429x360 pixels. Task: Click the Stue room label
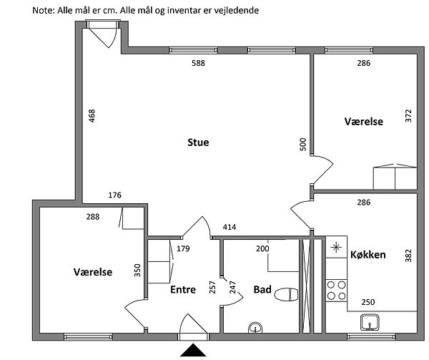pos(198,142)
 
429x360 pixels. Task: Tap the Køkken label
pos(368,255)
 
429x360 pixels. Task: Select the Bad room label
pos(262,290)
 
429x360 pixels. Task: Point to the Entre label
pos(184,290)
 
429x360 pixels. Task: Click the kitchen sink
pos(370,323)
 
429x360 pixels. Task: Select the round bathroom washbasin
pos(256,328)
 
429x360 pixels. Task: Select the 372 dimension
pos(409,116)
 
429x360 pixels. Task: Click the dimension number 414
pos(229,228)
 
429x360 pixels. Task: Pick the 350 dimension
pos(138,271)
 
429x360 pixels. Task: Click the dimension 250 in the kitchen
pos(368,303)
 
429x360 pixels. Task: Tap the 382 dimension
pos(409,256)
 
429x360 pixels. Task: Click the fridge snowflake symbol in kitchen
pos(336,248)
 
